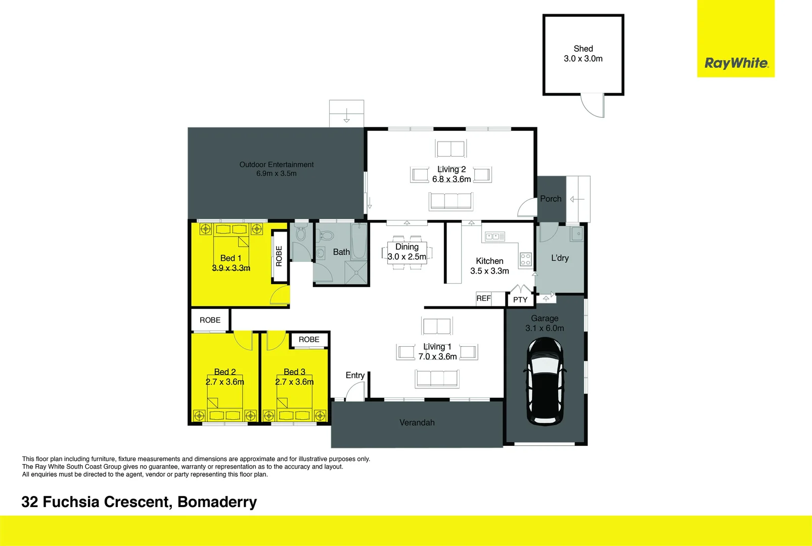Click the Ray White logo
(x=736, y=63)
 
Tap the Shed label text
(x=583, y=49)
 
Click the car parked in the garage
(x=544, y=382)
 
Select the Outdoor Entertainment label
(x=276, y=164)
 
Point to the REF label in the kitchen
(x=483, y=298)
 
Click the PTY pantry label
(x=520, y=300)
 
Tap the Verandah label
(x=417, y=423)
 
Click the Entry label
(x=355, y=375)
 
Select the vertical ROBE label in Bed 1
(x=279, y=256)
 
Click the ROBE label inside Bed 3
(x=309, y=340)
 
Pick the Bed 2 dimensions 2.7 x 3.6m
(x=224, y=382)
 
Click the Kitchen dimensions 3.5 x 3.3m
(x=489, y=271)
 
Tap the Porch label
(x=551, y=199)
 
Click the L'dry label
(x=560, y=258)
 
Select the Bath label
(x=341, y=252)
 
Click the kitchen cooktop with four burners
(x=526, y=259)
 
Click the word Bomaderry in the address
(x=217, y=502)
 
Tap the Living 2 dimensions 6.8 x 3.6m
(x=451, y=179)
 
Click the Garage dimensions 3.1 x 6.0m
(x=545, y=328)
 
